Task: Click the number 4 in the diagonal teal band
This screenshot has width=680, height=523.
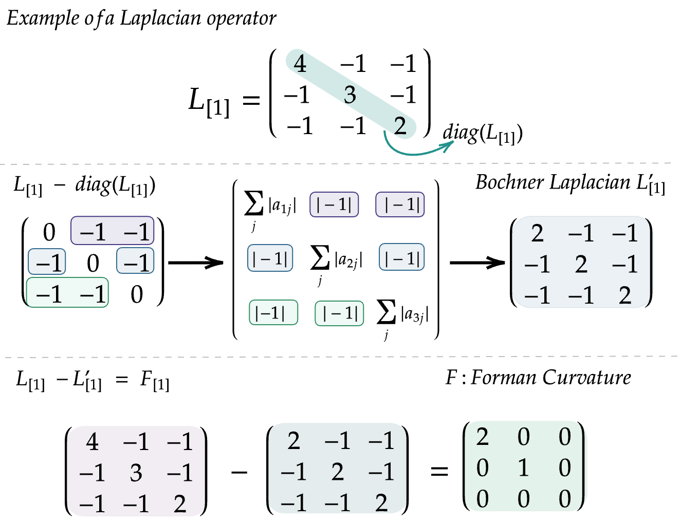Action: tap(300, 64)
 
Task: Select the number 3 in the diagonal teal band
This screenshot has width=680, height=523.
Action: tap(350, 95)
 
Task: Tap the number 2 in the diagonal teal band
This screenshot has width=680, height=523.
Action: tap(400, 126)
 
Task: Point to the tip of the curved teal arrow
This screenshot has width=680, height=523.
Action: tap(453, 141)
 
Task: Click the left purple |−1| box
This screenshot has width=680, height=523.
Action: tap(334, 204)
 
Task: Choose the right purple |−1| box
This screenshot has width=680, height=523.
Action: tap(400, 204)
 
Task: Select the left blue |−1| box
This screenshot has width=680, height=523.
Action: tap(270, 258)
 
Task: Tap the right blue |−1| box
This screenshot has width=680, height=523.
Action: tap(402, 257)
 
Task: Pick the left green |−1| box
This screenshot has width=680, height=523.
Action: tap(273, 312)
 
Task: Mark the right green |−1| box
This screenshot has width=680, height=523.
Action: tap(339, 313)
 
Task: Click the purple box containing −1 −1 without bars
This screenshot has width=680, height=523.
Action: tap(113, 231)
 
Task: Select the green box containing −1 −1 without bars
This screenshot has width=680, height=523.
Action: tap(67, 293)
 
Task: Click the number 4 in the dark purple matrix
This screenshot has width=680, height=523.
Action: tap(92, 442)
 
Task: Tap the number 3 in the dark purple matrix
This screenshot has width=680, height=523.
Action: tap(136, 473)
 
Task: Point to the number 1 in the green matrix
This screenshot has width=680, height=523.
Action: tap(523, 468)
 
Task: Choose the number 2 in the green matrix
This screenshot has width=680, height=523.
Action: tap(482, 437)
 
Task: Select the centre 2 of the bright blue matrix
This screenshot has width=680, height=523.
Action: tap(581, 265)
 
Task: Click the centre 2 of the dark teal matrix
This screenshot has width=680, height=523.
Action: tap(337, 472)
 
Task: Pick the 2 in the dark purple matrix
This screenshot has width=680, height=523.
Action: tap(180, 504)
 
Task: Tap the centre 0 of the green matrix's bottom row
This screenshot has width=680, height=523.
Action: tap(523, 499)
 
